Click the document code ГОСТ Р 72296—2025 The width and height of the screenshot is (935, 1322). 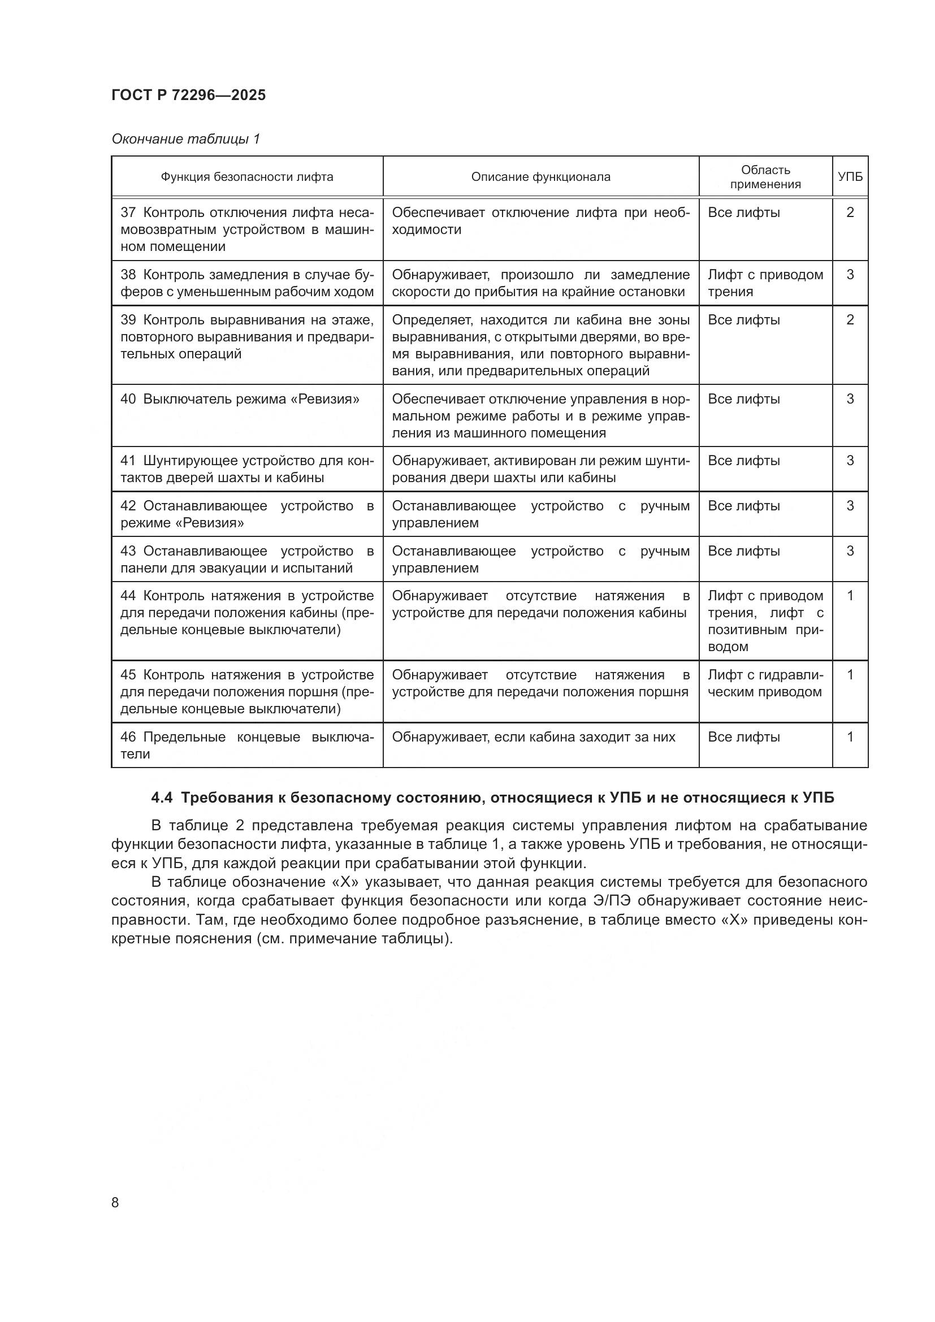click(x=188, y=96)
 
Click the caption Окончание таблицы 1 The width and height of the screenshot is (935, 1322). click(x=185, y=139)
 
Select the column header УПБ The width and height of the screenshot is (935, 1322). click(x=850, y=177)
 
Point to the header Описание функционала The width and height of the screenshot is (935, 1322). click(x=540, y=177)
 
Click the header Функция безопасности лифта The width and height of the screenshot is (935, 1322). click(x=246, y=177)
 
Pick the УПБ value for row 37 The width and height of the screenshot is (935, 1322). click(x=850, y=213)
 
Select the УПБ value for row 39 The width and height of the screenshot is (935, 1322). click(x=850, y=319)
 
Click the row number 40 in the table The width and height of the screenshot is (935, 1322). click(x=128, y=399)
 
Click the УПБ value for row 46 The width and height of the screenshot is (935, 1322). click(x=850, y=737)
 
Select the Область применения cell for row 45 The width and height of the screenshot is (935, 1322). click(x=765, y=683)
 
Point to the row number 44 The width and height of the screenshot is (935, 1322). click(x=128, y=596)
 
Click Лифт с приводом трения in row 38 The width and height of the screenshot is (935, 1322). click(x=765, y=283)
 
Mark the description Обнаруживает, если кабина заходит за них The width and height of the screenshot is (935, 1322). click(x=533, y=737)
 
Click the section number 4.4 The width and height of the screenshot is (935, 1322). click(x=162, y=797)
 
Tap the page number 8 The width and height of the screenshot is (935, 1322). click(x=115, y=1202)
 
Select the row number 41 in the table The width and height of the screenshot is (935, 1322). click(x=128, y=461)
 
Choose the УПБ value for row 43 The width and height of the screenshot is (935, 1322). click(x=850, y=551)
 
